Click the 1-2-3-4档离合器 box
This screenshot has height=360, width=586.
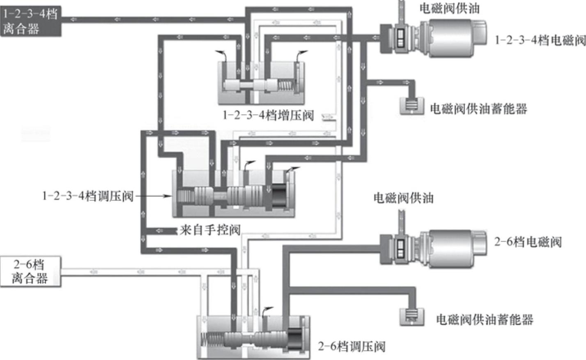coord(30,21)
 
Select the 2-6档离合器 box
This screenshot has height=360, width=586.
coord(30,271)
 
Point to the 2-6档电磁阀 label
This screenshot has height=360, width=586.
coord(528,242)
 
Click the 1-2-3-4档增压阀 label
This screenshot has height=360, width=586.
coord(268,115)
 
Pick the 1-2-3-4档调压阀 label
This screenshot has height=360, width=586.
coord(88,196)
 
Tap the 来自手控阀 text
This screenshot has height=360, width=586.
coord(209,230)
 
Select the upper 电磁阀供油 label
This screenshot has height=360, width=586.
coord(449,8)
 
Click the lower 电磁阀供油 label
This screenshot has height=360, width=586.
coord(403,198)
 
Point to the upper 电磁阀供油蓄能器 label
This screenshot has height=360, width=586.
coord(478,108)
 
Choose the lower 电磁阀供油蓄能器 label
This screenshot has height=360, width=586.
coord(485,319)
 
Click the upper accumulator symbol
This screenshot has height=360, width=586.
coord(412,105)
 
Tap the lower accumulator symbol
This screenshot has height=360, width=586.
coord(412,316)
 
